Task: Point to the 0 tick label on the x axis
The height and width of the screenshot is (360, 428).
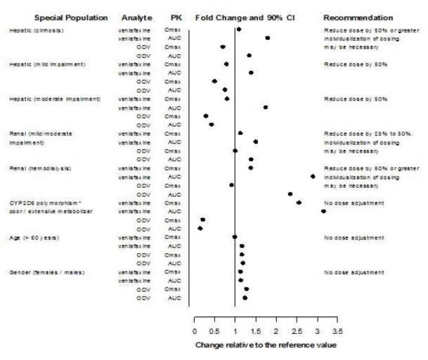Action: click(194, 329)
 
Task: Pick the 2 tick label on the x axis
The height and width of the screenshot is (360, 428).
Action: click(275, 329)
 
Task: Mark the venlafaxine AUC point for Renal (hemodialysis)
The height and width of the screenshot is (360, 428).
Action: click(313, 176)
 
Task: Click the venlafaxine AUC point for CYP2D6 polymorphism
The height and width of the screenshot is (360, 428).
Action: click(323, 211)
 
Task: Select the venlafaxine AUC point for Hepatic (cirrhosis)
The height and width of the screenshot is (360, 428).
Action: click(267, 38)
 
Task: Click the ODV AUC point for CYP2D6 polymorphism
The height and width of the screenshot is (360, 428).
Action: click(200, 228)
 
